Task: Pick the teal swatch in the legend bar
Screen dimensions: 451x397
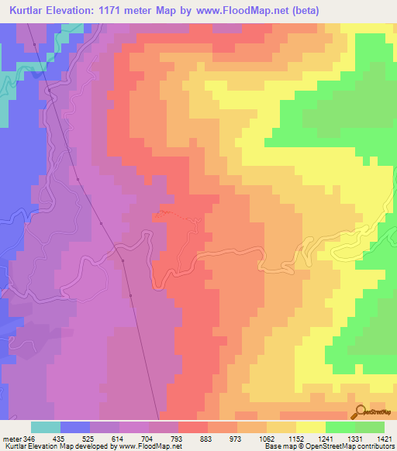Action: (46, 427)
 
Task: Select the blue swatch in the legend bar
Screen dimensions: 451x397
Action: (75, 427)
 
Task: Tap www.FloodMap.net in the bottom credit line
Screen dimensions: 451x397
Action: (150, 446)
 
